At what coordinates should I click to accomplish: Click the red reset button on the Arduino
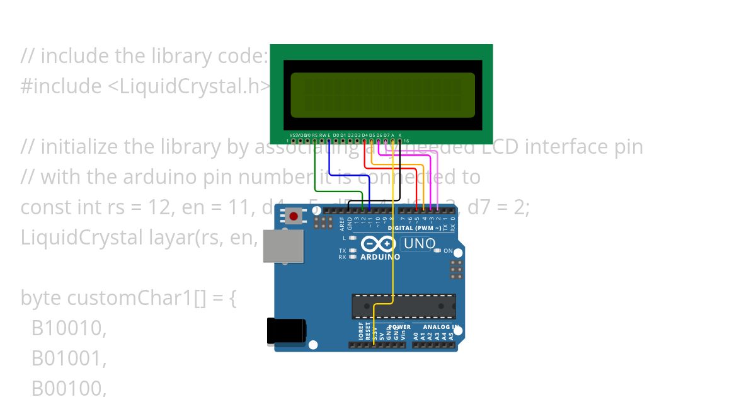point(294,217)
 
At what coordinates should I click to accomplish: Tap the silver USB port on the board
point(283,246)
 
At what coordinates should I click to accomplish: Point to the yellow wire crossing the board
point(393,252)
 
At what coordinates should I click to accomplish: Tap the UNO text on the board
point(419,244)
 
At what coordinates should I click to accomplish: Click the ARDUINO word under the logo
point(380,257)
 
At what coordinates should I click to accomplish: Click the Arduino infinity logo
point(379,244)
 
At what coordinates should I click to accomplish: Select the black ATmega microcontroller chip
point(403,306)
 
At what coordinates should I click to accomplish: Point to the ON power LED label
point(448,251)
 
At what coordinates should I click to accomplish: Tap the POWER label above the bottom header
point(399,327)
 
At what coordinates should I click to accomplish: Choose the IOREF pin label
point(361,332)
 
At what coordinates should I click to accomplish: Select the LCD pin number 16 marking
point(406,141)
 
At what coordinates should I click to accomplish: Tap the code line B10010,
point(69,328)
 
